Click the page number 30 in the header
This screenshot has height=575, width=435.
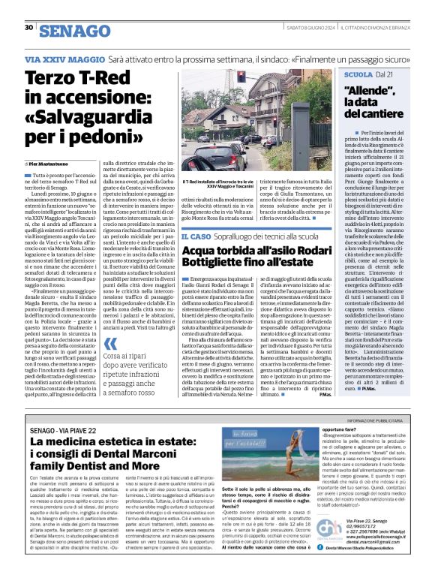pyautogui.click(x=28, y=28)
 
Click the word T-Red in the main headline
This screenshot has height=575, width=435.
pyautogui.click(x=103, y=77)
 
